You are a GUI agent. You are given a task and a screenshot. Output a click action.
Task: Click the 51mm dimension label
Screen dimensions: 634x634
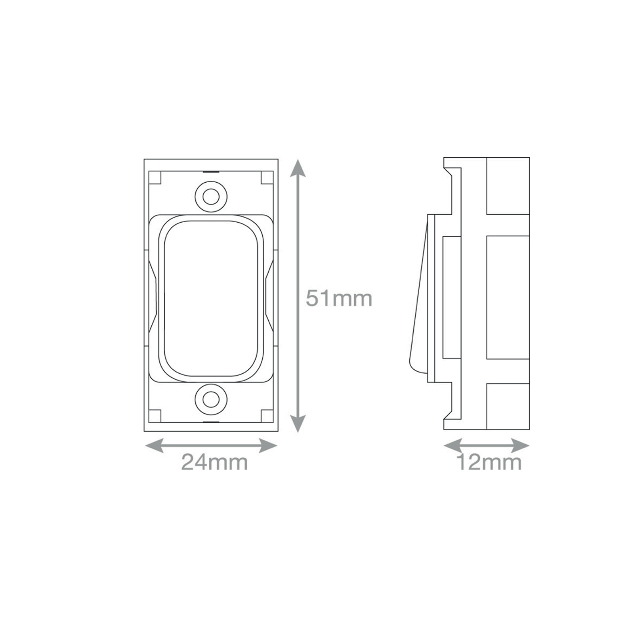(339, 298)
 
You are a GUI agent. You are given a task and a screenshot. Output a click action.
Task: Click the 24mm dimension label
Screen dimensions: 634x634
(214, 462)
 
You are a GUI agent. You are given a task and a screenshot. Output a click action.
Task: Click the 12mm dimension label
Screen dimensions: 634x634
(489, 462)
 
